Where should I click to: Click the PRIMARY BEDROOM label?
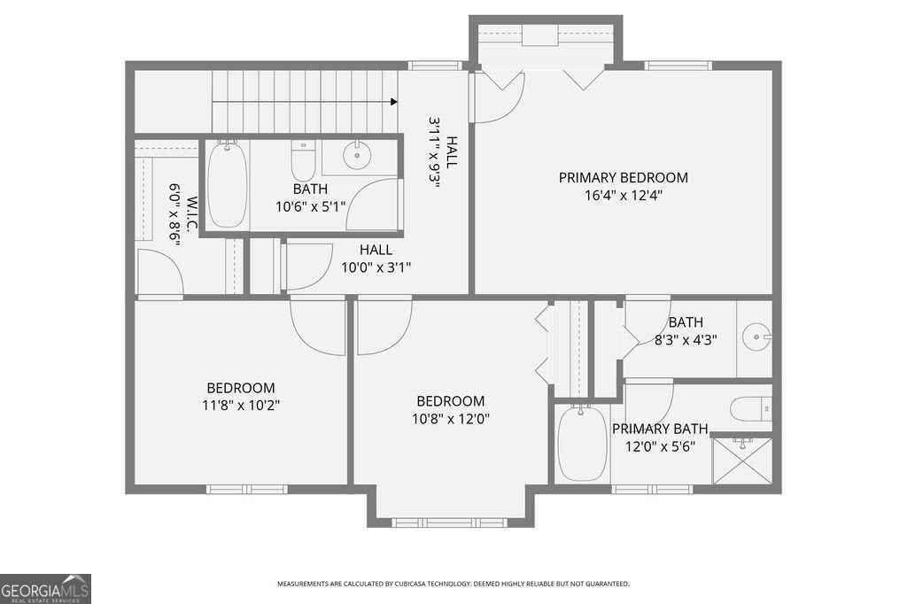click(x=623, y=178)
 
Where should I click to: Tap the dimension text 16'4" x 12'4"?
click(x=623, y=196)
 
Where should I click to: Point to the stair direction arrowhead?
click(x=394, y=102)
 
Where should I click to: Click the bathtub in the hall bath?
click(x=228, y=183)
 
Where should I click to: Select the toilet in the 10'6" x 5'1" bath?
click(x=303, y=161)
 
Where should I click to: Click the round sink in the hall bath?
click(x=357, y=155)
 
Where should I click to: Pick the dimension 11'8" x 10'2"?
click(x=241, y=406)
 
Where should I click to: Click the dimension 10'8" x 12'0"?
click(x=451, y=419)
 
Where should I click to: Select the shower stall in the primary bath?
click(x=742, y=461)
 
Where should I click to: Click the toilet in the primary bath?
click(x=751, y=410)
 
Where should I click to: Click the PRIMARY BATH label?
click(x=660, y=429)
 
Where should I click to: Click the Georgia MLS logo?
click(x=45, y=589)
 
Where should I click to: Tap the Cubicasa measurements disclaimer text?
click(x=453, y=585)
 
